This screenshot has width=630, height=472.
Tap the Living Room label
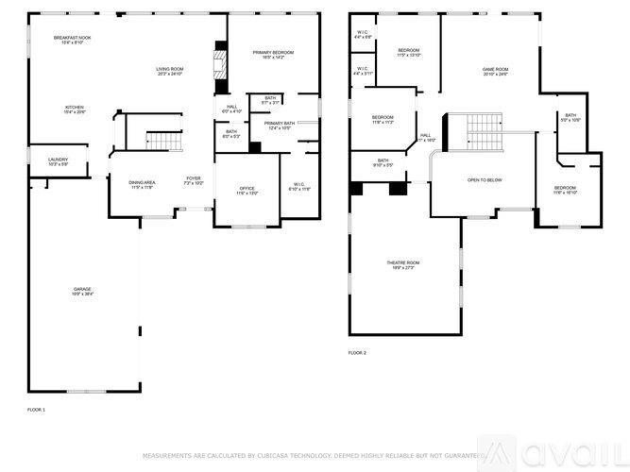pos(169,71)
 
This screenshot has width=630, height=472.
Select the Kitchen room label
pos(75,110)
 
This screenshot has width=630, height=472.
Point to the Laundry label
pos(59,161)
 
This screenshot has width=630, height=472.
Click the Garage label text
pos(83,292)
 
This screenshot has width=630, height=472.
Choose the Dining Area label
pos(143,184)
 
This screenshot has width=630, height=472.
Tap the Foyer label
pos(193,179)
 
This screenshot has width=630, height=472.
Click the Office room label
pos(247,192)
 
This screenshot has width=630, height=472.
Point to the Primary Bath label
pos(280,126)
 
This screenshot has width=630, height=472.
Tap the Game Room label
pos(495,72)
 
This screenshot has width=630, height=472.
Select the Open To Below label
pos(485,179)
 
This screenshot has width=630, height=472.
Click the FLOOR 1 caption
pos(36,410)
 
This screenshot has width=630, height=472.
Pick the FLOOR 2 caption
pos(357,352)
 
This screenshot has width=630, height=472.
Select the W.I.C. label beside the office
pos(299,187)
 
